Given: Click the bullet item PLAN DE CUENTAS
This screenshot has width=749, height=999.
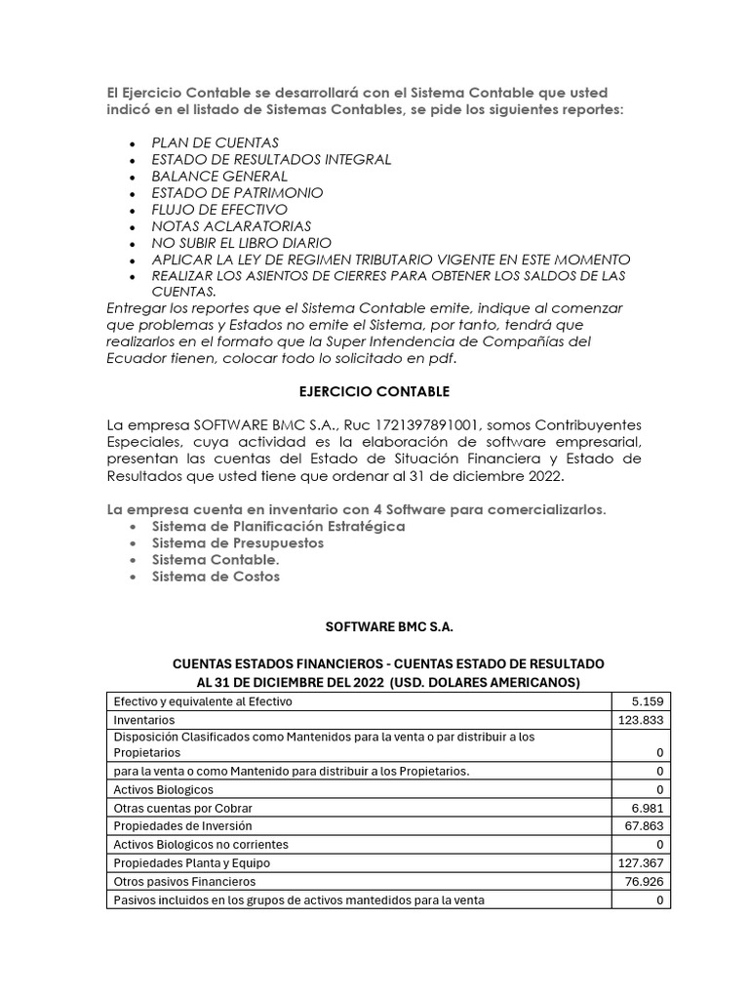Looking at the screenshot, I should [x=215, y=142].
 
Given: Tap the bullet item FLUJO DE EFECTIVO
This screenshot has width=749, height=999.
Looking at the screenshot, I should [x=219, y=210].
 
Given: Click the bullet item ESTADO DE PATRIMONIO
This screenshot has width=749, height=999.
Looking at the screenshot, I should [x=237, y=193].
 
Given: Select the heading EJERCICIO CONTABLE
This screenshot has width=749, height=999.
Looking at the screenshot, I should [x=374, y=391].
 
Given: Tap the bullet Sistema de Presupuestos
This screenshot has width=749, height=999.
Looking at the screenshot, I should [x=238, y=542].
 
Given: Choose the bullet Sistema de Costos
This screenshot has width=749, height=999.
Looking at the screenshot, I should [x=216, y=576].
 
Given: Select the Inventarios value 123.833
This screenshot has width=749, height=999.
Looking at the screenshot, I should [x=640, y=719].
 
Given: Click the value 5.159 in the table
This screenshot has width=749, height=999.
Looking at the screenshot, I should [x=647, y=701].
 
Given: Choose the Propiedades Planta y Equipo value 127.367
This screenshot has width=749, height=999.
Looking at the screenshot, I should [x=640, y=863].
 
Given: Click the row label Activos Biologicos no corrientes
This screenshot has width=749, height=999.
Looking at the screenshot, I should [x=201, y=844].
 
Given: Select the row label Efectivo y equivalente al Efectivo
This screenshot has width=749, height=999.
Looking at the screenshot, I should [x=203, y=701].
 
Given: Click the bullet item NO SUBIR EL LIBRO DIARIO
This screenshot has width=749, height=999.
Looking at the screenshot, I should [x=242, y=243].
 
